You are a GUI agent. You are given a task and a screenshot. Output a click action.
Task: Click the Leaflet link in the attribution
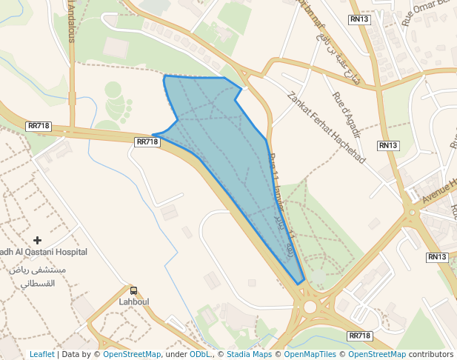(41, 354)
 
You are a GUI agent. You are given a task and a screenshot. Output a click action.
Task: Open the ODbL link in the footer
(199, 354)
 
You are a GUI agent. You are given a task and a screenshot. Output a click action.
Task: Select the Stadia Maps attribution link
(249, 354)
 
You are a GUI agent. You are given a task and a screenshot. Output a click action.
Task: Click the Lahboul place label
(134, 302)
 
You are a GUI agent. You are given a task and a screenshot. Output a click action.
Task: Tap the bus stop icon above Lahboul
(134, 291)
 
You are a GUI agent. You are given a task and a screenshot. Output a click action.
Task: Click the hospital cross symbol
(38, 240)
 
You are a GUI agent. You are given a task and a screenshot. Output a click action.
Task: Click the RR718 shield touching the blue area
(147, 141)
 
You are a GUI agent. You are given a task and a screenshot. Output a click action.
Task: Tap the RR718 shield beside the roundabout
(359, 336)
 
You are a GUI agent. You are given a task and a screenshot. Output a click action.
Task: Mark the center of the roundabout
(309, 306)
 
